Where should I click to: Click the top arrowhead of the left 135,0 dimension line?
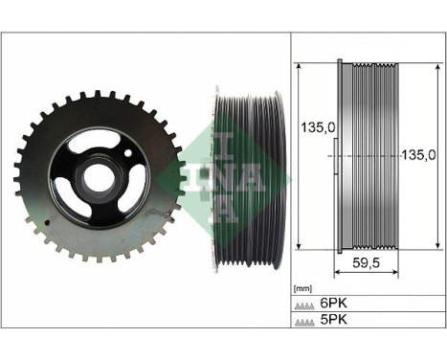[x=300, y=67]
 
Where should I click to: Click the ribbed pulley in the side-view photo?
[x=247, y=177]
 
